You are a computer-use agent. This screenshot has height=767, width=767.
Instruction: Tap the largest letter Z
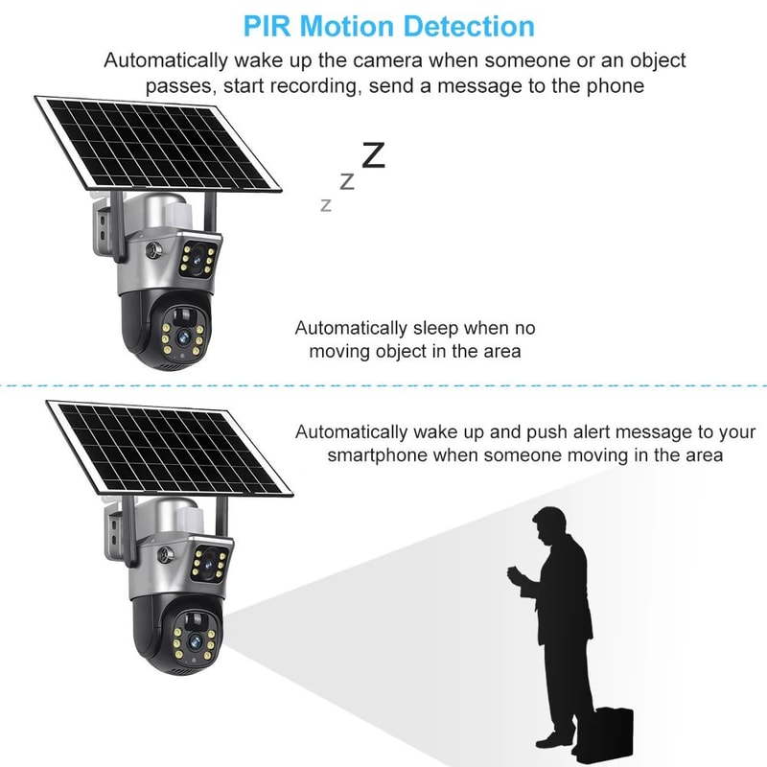coord(373,154)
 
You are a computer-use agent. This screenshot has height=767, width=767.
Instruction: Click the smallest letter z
coord(326,204)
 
